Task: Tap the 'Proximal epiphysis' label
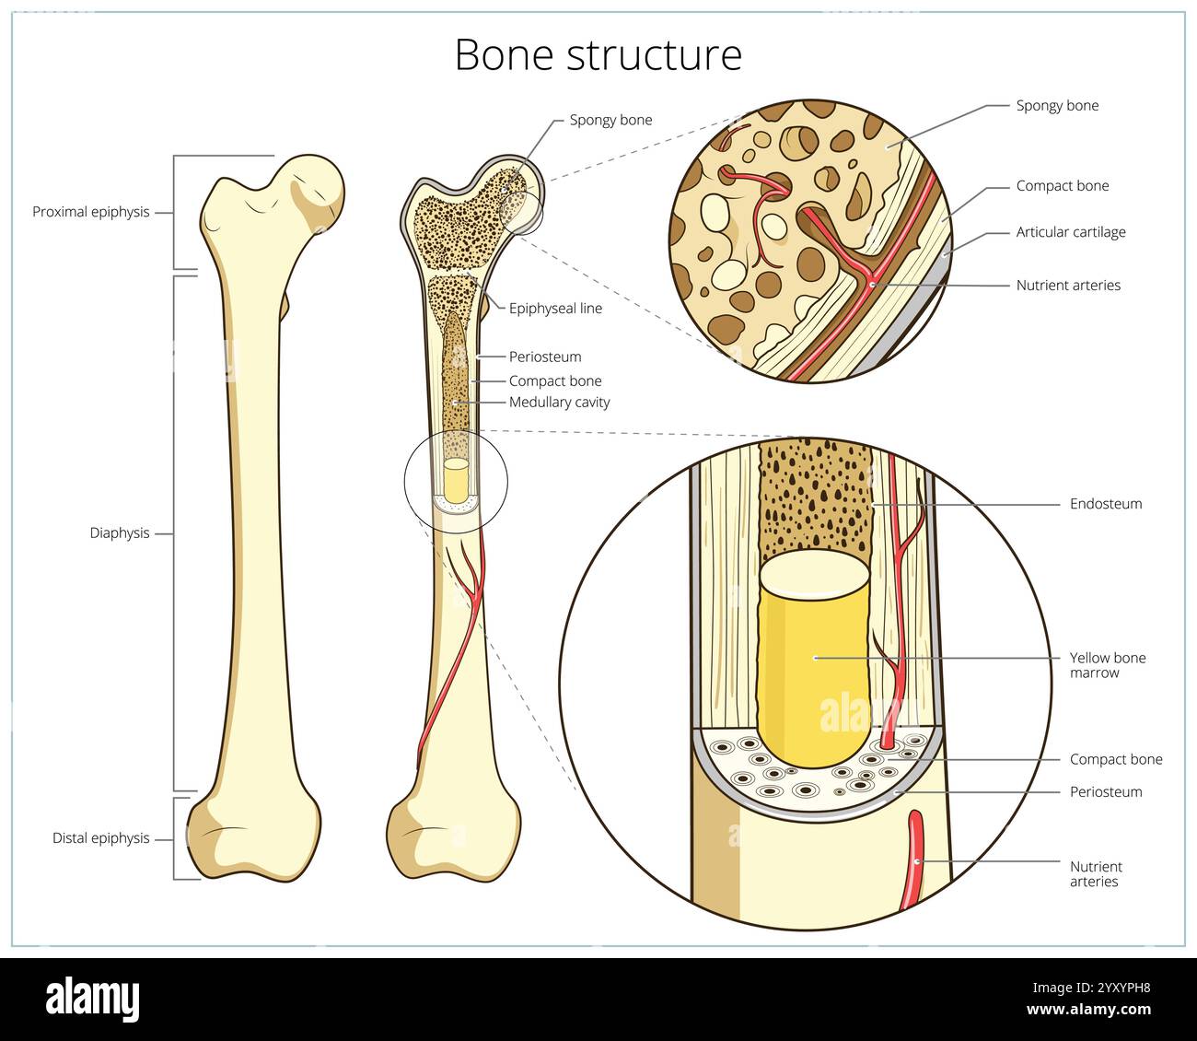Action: click(x=90, y=212)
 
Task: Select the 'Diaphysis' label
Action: click(x=119, y=533)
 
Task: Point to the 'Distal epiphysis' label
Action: click(x=100, y=838)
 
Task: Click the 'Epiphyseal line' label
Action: click(x=555, y=309)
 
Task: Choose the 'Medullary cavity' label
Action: click(x=559, y=403)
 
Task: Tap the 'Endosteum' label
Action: click(x=1105, y=504)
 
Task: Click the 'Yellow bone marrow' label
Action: click(x=1107, y=665)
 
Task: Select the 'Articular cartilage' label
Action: click(x=1070, y=232)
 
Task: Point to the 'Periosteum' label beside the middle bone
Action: click(x=545, y=357)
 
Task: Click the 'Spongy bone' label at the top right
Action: click(x=1057, y=106)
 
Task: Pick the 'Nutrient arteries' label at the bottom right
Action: click(x=1096, y=874)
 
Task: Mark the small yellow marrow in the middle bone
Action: click(x=456, y=480)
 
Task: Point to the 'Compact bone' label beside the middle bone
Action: click(x=555, y=381)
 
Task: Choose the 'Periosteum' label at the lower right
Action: click(x=1105, y=792)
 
